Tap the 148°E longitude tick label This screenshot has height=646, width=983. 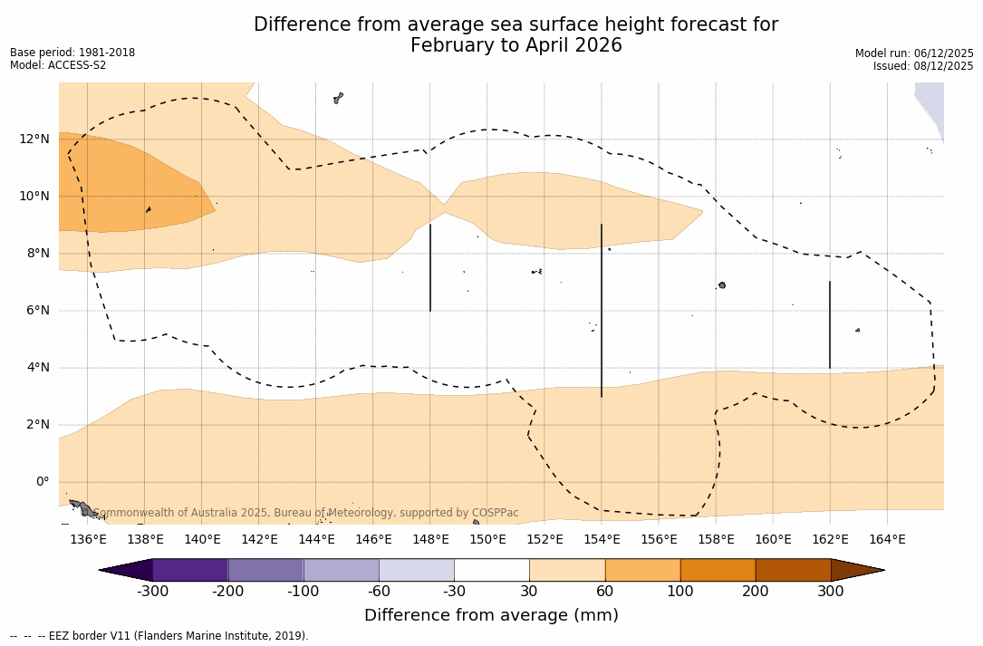point(430,540)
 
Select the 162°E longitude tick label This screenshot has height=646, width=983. point(830,540)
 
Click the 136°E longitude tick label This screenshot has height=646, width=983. point(88,540)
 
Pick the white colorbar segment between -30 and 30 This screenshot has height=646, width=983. point(491,570)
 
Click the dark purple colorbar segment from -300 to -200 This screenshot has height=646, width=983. point(190,570)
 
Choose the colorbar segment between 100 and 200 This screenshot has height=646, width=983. point(718,570)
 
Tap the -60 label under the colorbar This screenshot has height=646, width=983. point(379,592)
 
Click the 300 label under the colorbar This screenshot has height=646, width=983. point(831,592)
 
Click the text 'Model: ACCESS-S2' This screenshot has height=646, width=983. point(58,65)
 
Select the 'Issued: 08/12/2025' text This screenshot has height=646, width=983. point(923,66)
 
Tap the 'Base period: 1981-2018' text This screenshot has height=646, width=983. point(72,53)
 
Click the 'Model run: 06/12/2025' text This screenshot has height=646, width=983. point(914,53)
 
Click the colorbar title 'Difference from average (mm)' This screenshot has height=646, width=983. point(491,616)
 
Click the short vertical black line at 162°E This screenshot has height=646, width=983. point(830,324)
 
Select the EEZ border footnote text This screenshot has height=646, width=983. point(159,636)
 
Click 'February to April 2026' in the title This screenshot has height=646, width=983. point(516,45)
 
